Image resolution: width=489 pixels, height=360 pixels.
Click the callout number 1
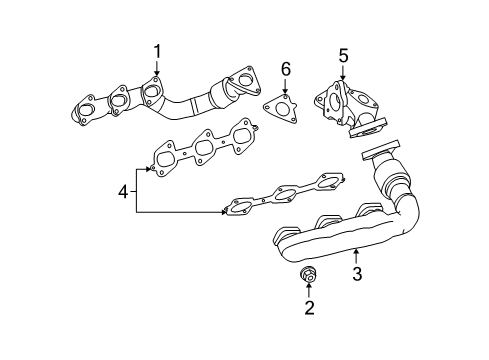[156, 51]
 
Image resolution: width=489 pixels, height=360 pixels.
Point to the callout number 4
[123, 190]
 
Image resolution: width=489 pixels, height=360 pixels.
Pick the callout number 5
[342, 56]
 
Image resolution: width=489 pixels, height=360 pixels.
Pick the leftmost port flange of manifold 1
[87, 109]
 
